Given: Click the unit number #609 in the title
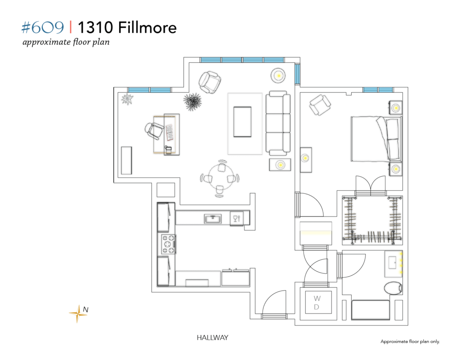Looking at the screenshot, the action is pyautogui.click(x=43, y=28).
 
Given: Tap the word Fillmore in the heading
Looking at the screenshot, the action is pyautogui.click(x=147, y=28).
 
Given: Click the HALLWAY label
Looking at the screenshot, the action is pyautogui.click(x=213, y=338).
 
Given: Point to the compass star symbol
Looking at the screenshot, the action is pyautogui.click(x=78, y=314).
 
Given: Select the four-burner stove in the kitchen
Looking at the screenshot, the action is pyautogui.click(x=168, y=244).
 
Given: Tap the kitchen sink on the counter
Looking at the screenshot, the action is pyautogui.click(x=213, y=219).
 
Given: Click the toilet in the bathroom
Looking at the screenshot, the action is pyautogui.click(x=393, y=288).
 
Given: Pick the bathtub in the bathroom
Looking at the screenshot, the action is pyautogui.click(x=370, y=310).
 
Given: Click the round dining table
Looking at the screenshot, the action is pyautogui.click(x=220, y=178).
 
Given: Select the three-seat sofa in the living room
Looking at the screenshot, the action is pyautogui.click(x=278, y=123).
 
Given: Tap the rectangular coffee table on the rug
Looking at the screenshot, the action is pyautogui.click(x=242, y=122).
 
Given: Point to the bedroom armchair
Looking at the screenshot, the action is pyautogui.click(x=320, y=105).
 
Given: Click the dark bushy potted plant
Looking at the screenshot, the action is pyautogui.click(x=192, y=101).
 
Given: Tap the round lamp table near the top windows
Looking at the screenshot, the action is pyautogui.click(x=279, y=76).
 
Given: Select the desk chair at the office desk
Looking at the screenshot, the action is pyautogui.click(x=154, y=131).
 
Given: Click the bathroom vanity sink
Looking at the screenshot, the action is pyautogui.click(x=394, y=264).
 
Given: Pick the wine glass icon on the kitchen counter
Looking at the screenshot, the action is pyautogui.click(x=237, y=218).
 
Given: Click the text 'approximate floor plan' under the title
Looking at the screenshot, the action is pyautogui.click(x=66, y=42).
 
